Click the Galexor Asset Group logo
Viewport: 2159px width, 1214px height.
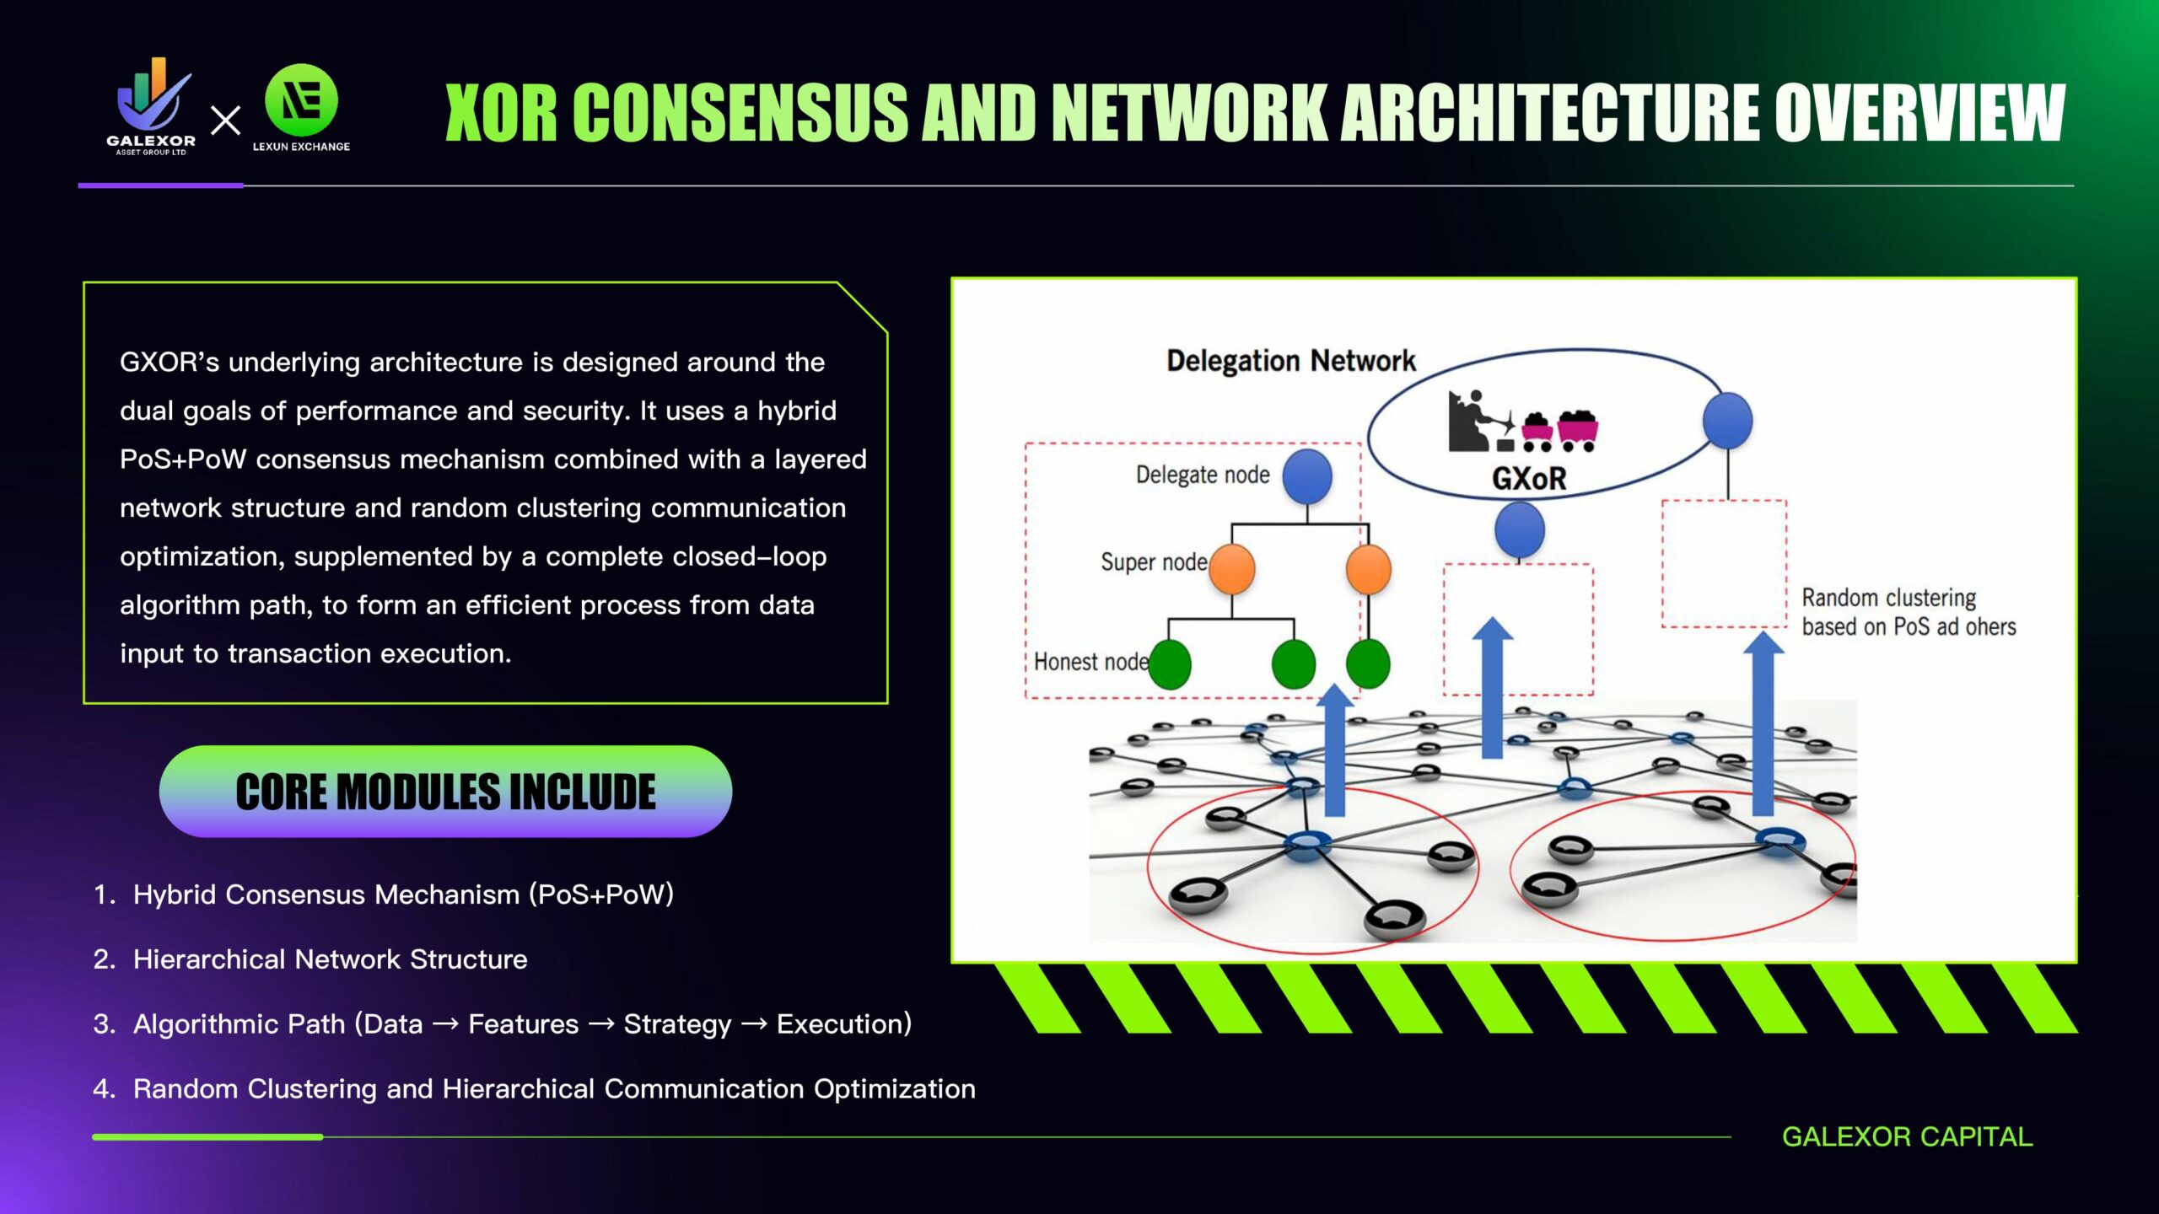152,105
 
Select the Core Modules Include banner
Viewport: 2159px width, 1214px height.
445,792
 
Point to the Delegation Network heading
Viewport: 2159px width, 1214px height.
1290,361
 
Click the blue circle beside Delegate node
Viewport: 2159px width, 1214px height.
1307,475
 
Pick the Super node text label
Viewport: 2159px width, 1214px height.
1153,561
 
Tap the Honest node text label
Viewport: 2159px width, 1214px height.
1090,662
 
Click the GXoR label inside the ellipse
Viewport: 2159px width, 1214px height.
1528,479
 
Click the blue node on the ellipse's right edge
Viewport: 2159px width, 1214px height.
1727,420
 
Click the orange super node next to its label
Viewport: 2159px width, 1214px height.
1231,568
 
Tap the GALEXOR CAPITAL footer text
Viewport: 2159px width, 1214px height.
1907,1136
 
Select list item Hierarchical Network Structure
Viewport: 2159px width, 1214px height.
330,959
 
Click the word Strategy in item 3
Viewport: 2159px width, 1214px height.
677,1024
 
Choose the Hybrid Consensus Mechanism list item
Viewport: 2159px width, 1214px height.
403,894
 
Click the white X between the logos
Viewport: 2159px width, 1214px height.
225,121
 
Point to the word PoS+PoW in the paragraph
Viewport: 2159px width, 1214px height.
183,459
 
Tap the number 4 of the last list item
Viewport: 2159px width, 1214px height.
103,1089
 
